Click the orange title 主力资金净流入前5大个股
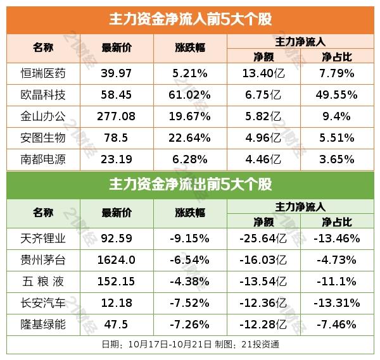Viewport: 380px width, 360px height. click(190, 20)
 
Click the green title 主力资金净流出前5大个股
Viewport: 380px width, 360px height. click(190, 185)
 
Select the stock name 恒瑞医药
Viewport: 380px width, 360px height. click(43, 73)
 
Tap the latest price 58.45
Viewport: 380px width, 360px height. click(117, 95)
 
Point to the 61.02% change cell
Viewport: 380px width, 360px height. click(189, 95)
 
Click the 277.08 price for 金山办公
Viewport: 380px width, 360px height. click(117, 116)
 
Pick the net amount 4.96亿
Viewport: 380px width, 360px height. click(263, 138)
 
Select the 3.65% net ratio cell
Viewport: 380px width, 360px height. click(337, 159)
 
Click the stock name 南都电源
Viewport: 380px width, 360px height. click(43, 159)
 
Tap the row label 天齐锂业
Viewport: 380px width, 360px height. click(43, 239)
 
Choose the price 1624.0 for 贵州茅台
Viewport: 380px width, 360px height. click(117, 260)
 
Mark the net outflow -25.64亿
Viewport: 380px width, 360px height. click(263, 239)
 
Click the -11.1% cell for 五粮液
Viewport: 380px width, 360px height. click(337, 282)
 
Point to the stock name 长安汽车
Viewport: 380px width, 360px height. click(43, 303)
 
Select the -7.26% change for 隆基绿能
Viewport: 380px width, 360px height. click(189, 325)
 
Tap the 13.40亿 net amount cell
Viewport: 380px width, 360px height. click(263, 73)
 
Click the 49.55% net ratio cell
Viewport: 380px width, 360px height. click(337, 95)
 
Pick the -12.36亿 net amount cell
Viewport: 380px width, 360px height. click(263, 303)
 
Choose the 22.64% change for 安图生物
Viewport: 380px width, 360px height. click(189, 138)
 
